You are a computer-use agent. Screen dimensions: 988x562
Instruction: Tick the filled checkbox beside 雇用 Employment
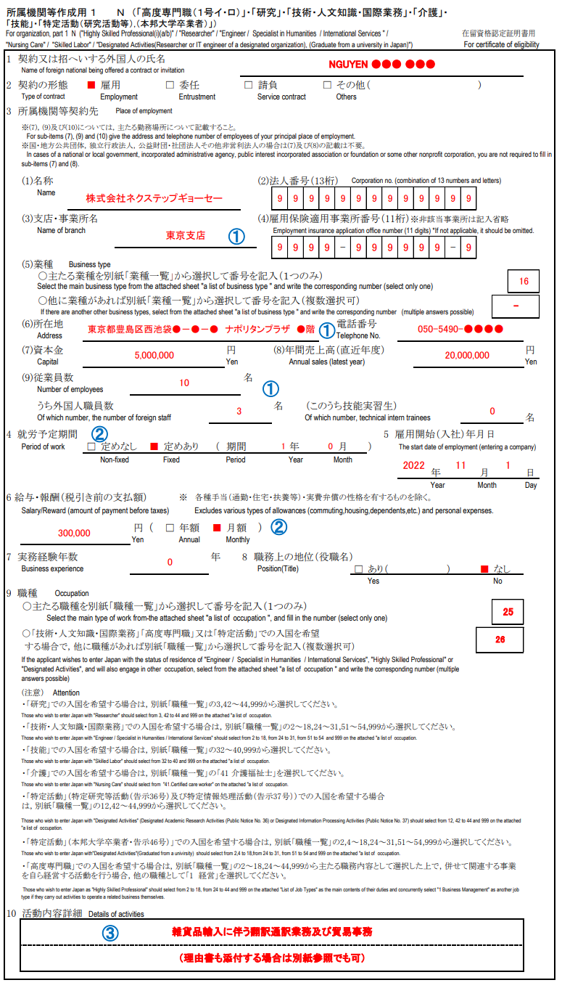point(91,85)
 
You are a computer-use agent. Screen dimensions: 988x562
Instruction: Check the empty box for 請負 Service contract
point(248,85)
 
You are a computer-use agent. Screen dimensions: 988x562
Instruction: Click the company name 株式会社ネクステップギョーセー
point(154,197)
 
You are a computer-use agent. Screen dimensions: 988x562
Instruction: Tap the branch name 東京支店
point(185,235)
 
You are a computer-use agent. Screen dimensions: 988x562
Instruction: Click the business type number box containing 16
point(524,281)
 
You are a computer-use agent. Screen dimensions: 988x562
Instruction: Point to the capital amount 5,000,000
point(154,356)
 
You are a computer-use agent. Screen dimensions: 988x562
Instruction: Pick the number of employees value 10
point(184,383)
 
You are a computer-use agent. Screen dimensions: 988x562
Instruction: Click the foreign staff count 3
point(239,411)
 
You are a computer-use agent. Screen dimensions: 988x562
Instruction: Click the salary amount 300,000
point(74,533)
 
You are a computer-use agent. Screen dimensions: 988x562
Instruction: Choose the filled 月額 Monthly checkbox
point(216,528)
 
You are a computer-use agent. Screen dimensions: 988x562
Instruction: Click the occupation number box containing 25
point(508,612)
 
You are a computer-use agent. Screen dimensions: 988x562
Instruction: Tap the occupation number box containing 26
point(500,640)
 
